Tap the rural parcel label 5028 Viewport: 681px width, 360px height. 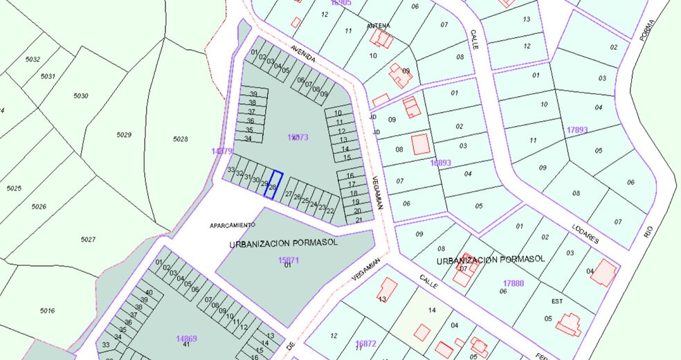pos(180,139)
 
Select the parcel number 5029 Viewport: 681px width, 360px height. pos(124,134)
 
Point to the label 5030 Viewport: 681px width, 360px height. pos(81,96)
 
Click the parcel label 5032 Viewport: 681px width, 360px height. pos(33,60)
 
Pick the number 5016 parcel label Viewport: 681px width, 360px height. pos(47,311)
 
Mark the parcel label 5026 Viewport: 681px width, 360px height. pos(38,206)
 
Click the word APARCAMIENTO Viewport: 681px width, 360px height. pos(233,225)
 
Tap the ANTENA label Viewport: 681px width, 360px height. pos(379,26)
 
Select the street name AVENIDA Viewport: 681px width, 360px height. pos(303,54)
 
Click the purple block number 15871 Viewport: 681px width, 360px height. pos(288,260)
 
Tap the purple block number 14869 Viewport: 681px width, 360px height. pos(186,339)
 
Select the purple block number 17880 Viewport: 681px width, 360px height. pos(514,283)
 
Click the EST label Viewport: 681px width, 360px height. pos(557,301)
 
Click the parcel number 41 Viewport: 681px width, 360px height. pos(186,345)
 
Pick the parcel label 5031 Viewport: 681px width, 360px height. pos(47,76)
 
